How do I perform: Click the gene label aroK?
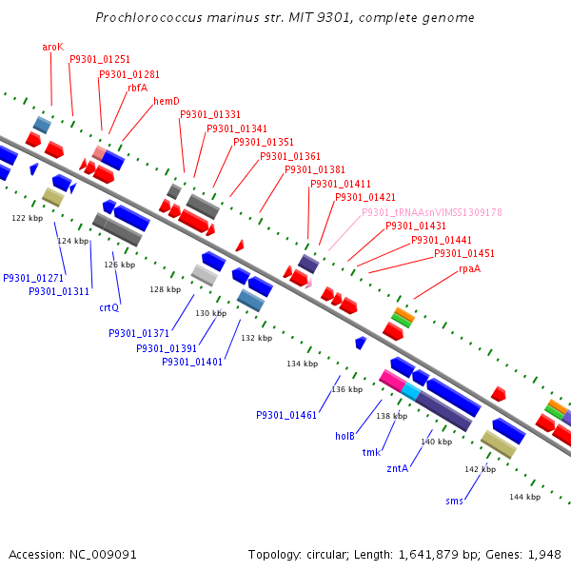point(52,47)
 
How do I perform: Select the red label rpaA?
point(470,268)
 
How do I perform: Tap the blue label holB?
point(345,436)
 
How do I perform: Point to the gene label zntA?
point(397,468)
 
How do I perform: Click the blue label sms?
point(454,501)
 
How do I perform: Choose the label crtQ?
point(109,307)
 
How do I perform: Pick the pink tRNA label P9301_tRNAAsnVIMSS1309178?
point(431,212)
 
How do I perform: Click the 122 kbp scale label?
point(28,218)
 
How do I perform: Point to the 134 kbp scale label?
point(302,364)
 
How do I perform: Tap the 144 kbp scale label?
point(524,497)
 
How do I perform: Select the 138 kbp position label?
point(391,416)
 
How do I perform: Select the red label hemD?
point(167,101)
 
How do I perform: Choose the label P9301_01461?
point(286,415)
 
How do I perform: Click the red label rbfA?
point(138,88)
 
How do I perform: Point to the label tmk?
point(371,452)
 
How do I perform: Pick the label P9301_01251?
point(100,60)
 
